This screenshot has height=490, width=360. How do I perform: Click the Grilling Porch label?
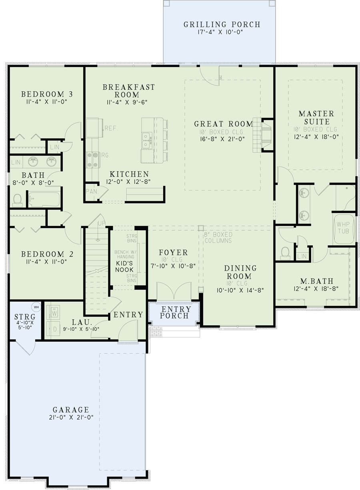point(222,25)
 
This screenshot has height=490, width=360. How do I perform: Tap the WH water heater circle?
point(36,307)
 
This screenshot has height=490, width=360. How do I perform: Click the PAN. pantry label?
point(92,191)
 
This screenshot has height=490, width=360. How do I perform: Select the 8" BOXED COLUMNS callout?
point(218,237)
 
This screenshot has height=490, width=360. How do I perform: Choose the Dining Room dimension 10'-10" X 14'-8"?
point(234,290)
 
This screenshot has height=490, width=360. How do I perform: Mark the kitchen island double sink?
point(147,141)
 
